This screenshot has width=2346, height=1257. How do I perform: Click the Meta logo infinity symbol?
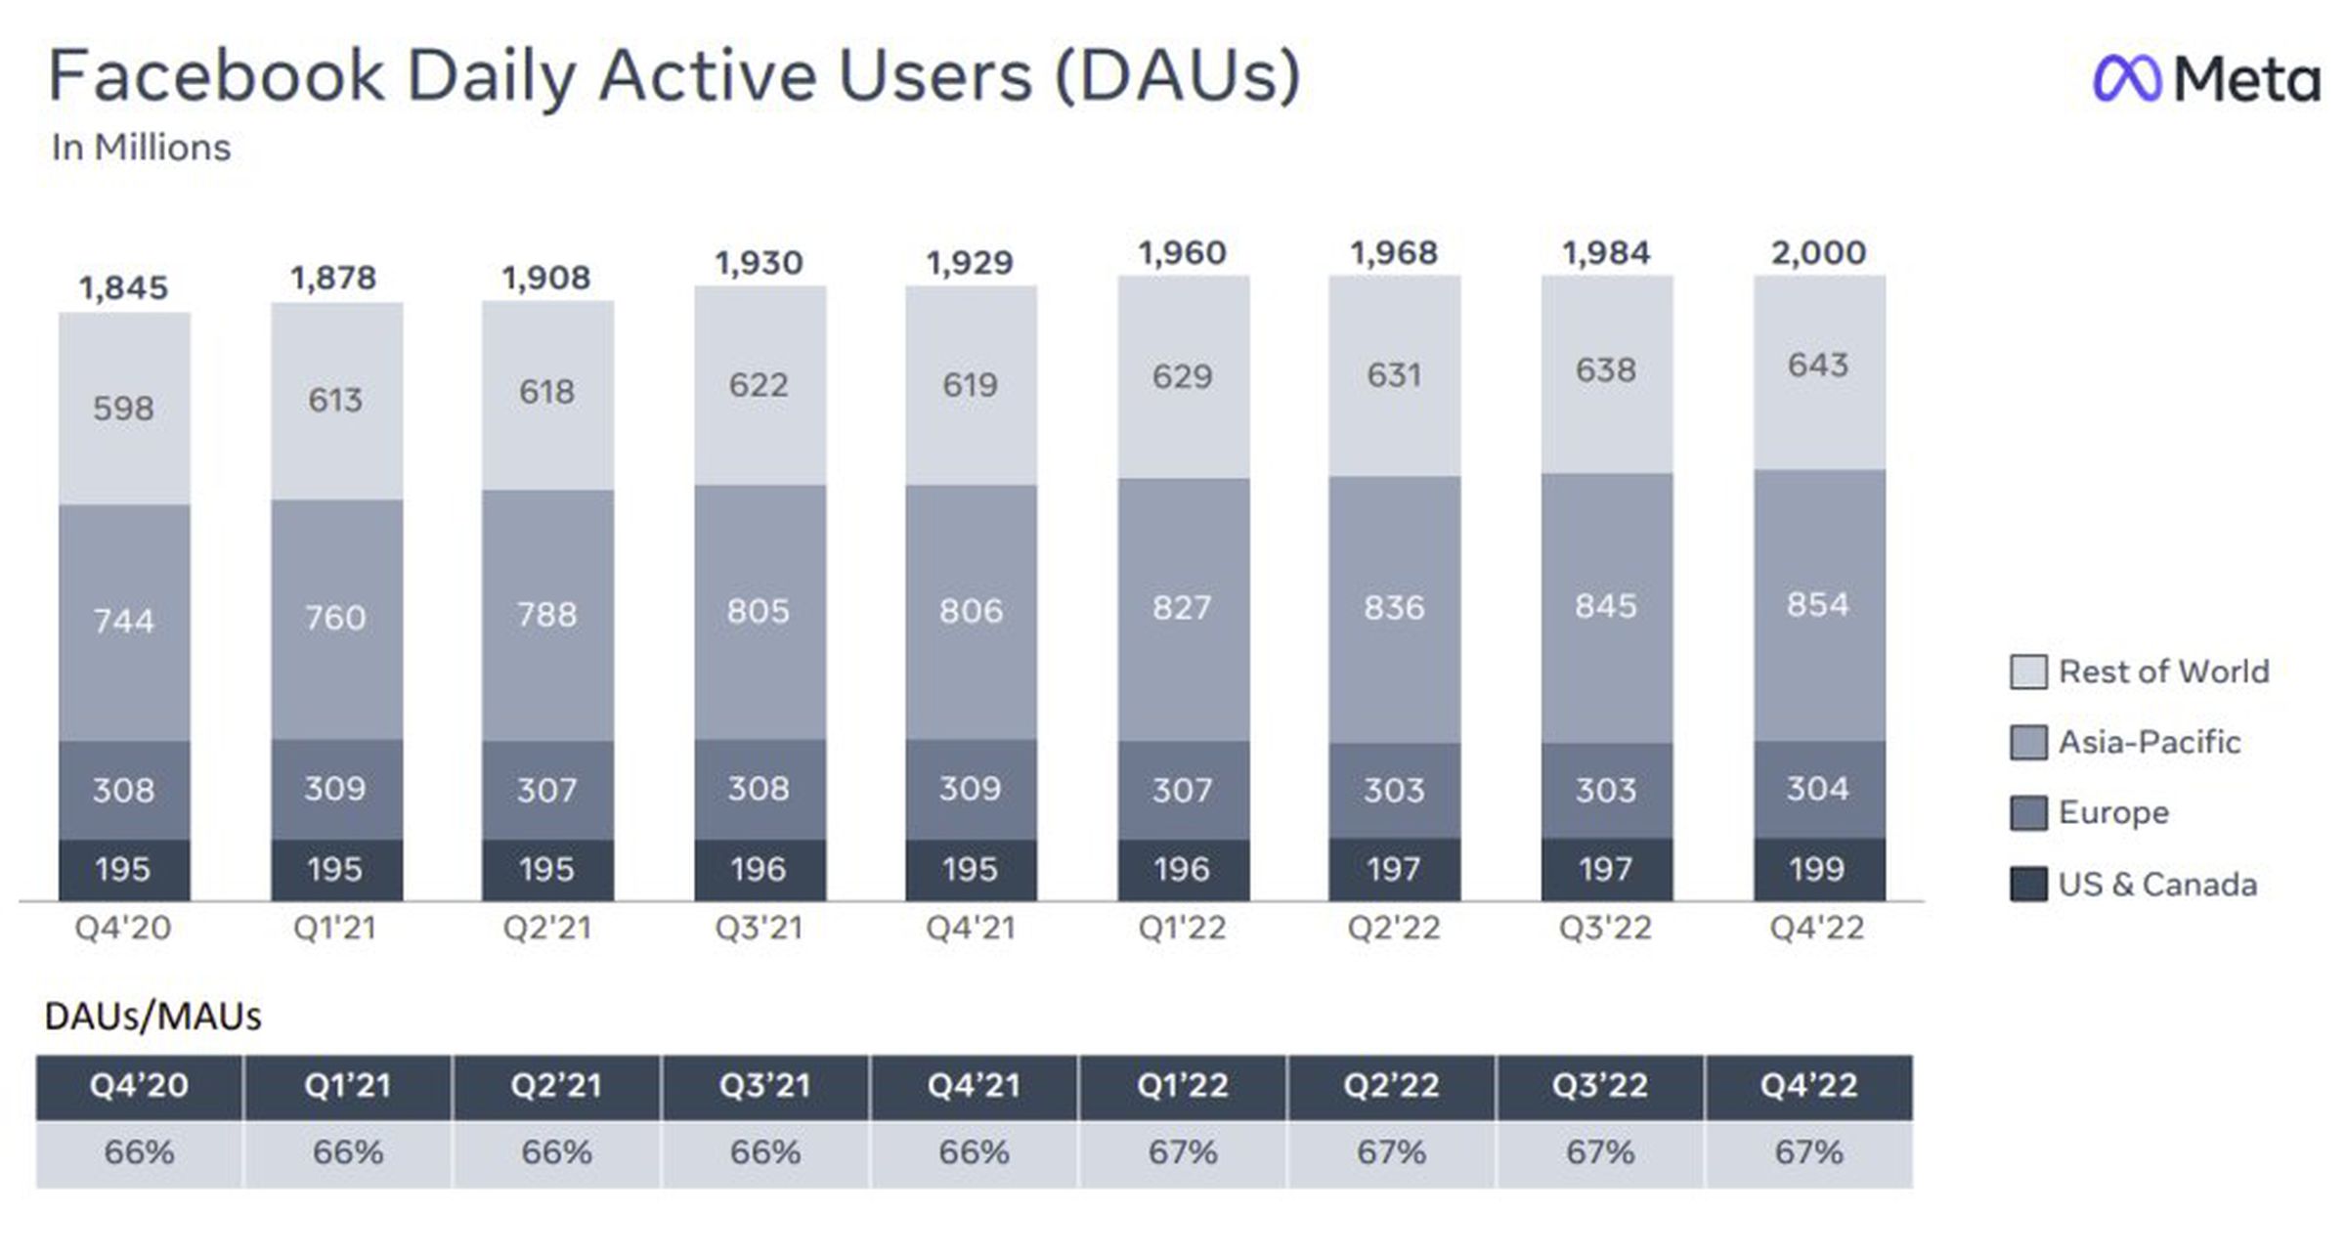(2125, 77)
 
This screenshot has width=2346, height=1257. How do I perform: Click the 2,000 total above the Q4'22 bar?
(1818, 253)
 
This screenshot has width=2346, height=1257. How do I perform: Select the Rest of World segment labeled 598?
(123, 408)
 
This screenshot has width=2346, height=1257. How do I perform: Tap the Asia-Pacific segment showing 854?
(1818, 605)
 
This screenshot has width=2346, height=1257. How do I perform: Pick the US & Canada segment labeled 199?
(1818, 869)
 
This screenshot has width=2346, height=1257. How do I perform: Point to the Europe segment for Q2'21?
(546, 790)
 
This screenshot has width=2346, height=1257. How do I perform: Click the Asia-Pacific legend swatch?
(2028, 742)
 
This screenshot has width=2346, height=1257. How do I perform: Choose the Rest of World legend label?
(2163, 672)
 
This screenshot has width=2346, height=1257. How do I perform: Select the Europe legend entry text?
(2113, 812)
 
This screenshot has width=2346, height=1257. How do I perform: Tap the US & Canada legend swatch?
(2028, 884)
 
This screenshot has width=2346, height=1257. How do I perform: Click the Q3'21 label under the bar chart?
(759, 927)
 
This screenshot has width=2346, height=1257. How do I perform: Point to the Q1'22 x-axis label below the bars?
(1182, 927)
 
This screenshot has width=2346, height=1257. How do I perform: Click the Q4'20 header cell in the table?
(139, 1086)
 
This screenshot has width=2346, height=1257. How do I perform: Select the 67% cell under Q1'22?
(1183, 1152)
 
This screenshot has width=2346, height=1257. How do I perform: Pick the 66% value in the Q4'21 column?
(974, 1152)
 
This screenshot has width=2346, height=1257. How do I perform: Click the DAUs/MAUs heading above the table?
(152, 1017)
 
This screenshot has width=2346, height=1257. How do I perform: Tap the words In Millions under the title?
(141, 148)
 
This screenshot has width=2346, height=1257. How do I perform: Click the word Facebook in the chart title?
(216, 76)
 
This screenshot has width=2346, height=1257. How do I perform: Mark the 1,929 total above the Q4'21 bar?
(970, 263)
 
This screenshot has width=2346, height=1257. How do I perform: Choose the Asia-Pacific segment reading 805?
(759, 612)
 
